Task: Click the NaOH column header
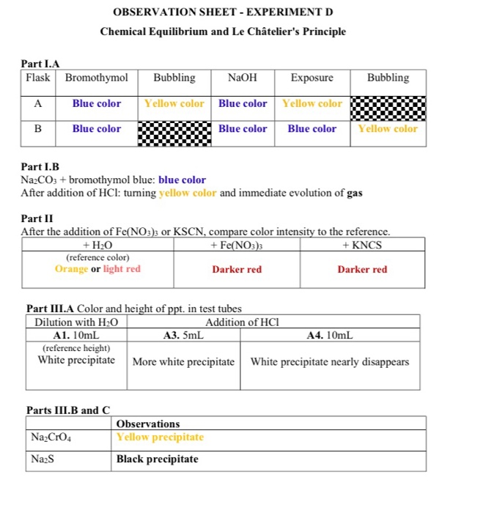coord(243,78)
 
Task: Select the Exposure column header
coord(312,78)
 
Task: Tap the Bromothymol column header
coord(96,78)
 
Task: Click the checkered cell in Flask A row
coord(388,104)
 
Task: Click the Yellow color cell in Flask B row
coord(388,129)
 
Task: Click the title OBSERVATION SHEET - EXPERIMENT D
coord(224,12)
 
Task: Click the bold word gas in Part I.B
coord(354,193)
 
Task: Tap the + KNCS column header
coord(362,245)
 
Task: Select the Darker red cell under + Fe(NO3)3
coord(237,270)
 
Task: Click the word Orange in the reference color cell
coord(71,269)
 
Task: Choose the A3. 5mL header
coord(183,335)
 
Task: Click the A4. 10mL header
coord(330,335)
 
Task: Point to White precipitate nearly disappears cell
coord(330,362)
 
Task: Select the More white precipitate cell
coord(183,362)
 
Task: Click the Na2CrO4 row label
coord(51,438)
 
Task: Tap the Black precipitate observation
coord(157,460)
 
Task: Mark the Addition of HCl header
coord(243,322)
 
